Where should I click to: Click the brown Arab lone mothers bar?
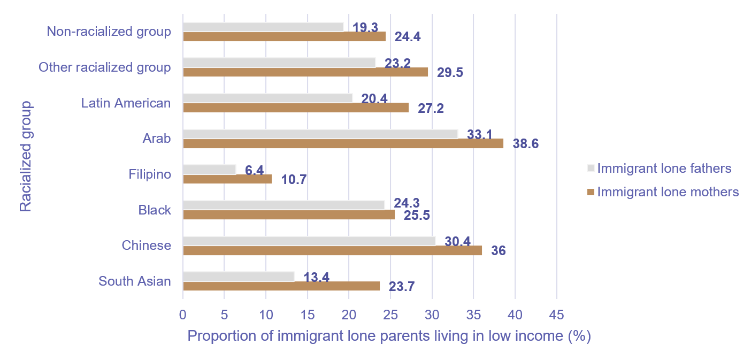pos(342,143)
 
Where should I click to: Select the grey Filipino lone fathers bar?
pos(209,170)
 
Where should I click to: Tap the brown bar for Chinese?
pos(332,250)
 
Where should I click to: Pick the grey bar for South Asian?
pos(238,277)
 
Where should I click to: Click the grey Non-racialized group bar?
pos(263,27)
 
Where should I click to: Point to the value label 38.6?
pos(525,144)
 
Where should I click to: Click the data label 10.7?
pos(294,180)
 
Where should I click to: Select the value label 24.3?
pos(407,203)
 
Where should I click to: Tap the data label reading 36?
pos(498,251)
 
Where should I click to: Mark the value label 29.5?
pos(449,73)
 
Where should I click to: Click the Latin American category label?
pos(126,103)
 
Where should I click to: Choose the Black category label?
pos(155,210)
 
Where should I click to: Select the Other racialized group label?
pos(105,67)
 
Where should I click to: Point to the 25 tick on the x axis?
pos(390,316)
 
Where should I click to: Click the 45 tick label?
pos(556,316)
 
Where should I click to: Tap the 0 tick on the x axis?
pos(183,316)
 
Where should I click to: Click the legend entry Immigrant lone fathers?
pos(664,168)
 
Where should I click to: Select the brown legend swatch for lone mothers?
pos(591,192)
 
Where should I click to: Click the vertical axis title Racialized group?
pos(26,157)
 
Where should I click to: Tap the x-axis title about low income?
pos(389,337)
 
